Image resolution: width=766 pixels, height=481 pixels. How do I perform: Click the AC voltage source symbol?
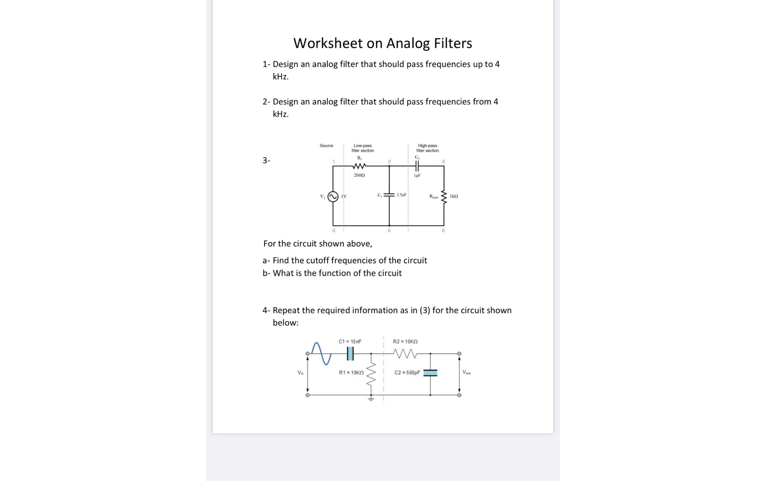click(333, 196)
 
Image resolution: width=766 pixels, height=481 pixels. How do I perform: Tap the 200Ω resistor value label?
click(359, 175)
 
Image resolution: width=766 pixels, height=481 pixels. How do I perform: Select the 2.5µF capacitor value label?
click(401, 195)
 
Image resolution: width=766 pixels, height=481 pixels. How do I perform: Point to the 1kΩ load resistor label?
click(454, 196)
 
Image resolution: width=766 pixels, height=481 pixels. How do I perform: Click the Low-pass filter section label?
click(362, 148)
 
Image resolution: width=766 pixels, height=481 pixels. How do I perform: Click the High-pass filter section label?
click(428, 148)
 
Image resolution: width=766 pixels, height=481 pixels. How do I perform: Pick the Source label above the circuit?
click(326, 145)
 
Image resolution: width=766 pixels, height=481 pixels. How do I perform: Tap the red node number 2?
click(389, 162)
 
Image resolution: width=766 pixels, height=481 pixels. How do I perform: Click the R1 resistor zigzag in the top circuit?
click(359, 166)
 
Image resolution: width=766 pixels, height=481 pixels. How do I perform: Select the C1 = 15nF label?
click(350, 341)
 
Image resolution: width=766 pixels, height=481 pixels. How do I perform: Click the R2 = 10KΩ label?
click(405, 341)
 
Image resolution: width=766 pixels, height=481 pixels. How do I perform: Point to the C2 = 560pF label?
click(407, 373)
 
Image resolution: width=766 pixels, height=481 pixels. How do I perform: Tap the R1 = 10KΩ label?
click(351, 373)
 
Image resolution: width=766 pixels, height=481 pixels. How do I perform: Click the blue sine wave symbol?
click(322, 353)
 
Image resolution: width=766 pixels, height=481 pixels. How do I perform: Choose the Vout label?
click(466, 372)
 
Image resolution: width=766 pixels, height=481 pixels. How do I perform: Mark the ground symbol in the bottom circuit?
click(371, 399)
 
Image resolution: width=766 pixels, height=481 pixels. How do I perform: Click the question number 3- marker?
click(266, 160)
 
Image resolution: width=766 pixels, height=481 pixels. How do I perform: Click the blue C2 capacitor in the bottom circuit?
click(430, 373)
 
